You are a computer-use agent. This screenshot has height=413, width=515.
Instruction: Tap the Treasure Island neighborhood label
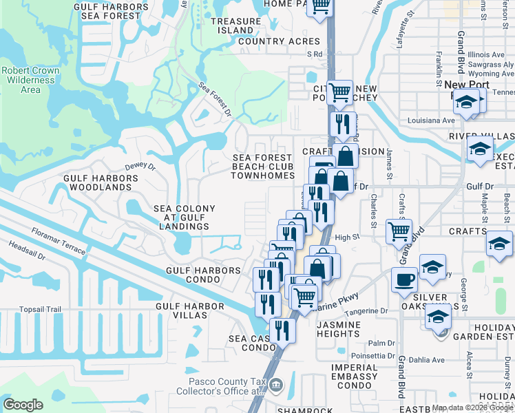pyautogui.click(x=236, y=26)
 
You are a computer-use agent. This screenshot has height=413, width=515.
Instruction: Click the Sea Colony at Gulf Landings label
pyautogui.click(x=184, y=217)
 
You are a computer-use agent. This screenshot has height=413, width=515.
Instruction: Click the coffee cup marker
pyautogui.click(x=404, y=279)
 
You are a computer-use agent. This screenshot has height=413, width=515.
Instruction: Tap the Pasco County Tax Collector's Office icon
pyautogui.click(x=275, y=384)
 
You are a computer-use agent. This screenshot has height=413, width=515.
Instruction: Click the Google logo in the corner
pyautogui.click(x=23, y=405)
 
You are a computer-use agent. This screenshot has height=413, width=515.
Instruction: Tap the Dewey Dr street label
pyautogui.click(x=140, y=167)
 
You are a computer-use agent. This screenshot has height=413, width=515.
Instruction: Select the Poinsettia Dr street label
pyautogui.click(x=372, y=356)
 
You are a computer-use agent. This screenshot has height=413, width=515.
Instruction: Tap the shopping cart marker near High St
pyautogui.click(x=399, y=231)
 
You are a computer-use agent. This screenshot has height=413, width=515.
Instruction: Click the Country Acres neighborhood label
pyautogui.click(x=279, y=42)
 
